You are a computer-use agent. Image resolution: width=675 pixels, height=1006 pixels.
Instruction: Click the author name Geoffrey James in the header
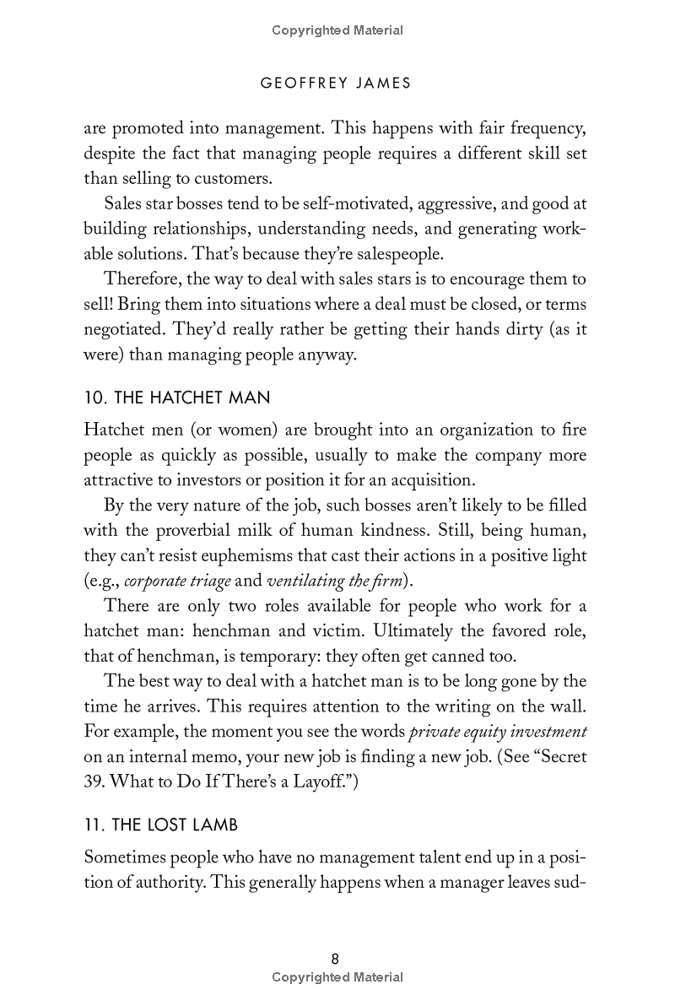click(337, 83)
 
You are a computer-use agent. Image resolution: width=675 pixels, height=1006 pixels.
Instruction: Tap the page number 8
click(336, 959)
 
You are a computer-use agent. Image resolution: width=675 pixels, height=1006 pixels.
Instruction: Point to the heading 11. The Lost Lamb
click(148, 824)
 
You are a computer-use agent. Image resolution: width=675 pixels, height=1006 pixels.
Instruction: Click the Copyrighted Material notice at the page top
click(337, 30)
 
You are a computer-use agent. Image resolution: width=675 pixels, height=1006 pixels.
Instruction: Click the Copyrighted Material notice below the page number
click(337, 977)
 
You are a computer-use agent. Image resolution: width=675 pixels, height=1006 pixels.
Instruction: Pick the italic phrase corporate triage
click(170, 581)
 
